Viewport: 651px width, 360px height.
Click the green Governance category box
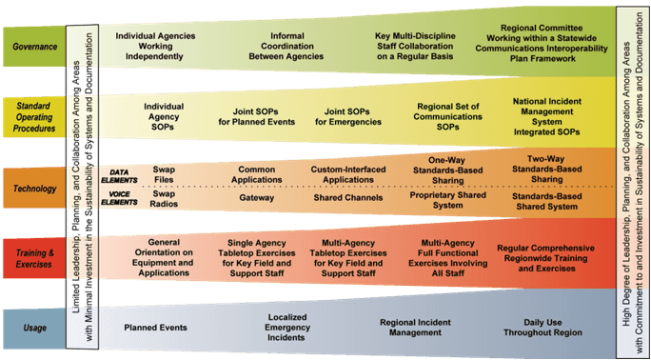[x=34, y=47]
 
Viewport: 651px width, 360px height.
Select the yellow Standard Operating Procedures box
[x=34, y=117]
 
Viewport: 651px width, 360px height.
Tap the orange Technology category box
[x=34, y=189]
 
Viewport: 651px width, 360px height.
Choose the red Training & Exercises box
[x=34, y=258]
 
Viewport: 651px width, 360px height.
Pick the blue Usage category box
[x=34, y=329]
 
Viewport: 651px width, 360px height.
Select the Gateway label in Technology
[x=257, y=198]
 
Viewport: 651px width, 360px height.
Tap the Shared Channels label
[x=348, y=198]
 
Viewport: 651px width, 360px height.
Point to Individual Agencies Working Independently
[x=155, y=47]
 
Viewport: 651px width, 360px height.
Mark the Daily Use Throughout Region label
[x=543, y=328]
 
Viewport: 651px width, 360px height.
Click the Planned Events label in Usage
[x=156, y=328]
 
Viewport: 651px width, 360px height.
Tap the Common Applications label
[x=257, y=175]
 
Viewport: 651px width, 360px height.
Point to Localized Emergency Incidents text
[x=287, y=328]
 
